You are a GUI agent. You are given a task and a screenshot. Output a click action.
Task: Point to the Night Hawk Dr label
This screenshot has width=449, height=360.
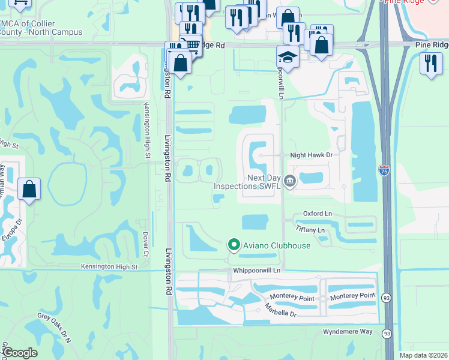pyautogui.click(x=311, y=155)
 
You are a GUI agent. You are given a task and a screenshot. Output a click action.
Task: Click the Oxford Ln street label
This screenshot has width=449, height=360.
pyautogui.click(x=317, y=214)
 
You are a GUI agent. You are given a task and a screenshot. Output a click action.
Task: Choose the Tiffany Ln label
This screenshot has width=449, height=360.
pyautogui.click(x=310, y=230)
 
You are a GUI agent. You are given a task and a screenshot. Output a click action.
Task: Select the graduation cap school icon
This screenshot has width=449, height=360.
pyautogui.click(x=288, y=58)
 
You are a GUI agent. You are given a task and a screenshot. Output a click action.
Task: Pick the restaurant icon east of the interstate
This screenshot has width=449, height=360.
pyautogui.click(x=430, y=63)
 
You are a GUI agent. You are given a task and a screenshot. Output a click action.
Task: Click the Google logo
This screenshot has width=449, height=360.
pyautogui.click(x=20, y=353)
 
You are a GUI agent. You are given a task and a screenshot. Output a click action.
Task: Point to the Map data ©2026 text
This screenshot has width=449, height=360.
pyautogui.click(x=423, y=355)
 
